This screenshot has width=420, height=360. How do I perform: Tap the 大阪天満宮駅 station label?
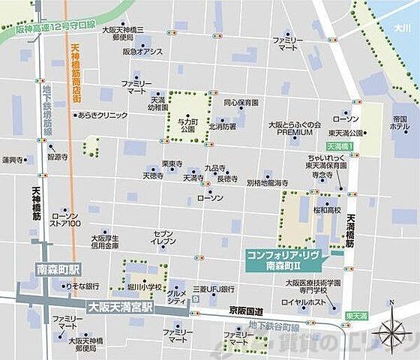121,306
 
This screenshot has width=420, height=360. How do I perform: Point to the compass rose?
393,330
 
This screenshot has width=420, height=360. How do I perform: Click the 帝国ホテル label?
399,124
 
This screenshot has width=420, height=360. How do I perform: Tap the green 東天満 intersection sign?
358,317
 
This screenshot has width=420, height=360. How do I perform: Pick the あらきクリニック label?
97,115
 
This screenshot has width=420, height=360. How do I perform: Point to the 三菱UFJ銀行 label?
214,289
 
